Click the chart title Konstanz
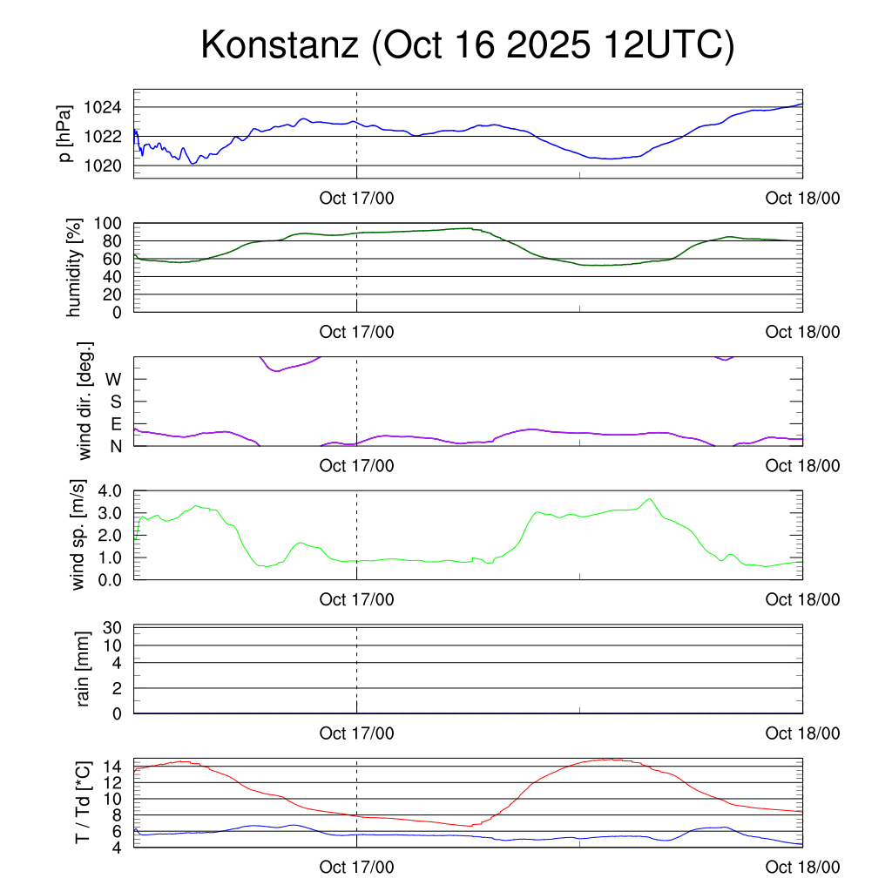pos(280,45)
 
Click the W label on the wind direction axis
pos(113,379)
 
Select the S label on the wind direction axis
pos(115,402)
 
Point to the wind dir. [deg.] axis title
pos(84,401)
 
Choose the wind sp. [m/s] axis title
pos(79,535)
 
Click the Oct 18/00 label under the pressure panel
pos(802,199)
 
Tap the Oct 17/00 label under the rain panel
pos(356,733)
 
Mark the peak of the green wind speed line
pos(649,499)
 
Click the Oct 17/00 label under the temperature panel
pos(356,867)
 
